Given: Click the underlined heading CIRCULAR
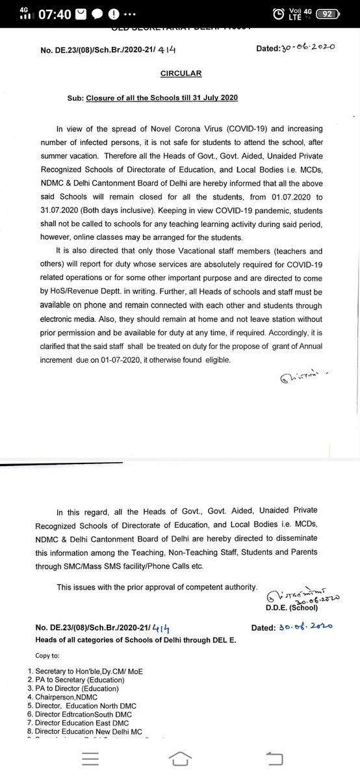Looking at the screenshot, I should click(180, 73).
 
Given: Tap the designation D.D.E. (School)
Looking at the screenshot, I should click(291, 607).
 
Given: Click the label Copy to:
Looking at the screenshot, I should click(60, 655).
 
